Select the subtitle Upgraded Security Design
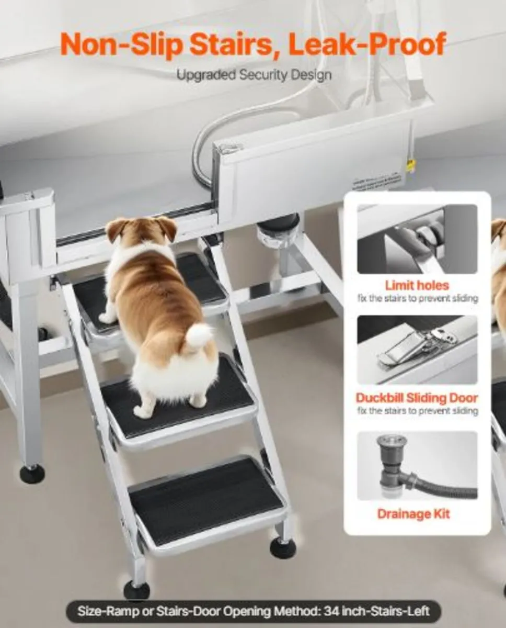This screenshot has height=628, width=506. pos(254,75)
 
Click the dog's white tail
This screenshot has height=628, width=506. pos(199,335)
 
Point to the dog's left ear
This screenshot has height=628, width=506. pos(116,228)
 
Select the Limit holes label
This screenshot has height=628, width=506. pos(417,286)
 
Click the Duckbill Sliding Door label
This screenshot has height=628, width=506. pos(417,398)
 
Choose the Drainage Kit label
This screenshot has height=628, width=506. pos(413,514)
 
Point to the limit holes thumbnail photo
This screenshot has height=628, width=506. pos(417,239)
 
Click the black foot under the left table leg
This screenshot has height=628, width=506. pos(32,474)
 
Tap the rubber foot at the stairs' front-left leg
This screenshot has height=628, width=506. pos(136,590)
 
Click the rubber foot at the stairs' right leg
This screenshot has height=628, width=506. pos(283,548)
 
